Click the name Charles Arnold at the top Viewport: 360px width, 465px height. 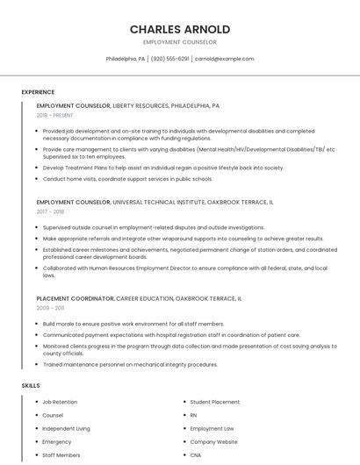180,29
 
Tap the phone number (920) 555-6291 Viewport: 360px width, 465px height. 170,59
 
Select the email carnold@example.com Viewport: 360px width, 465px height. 224,59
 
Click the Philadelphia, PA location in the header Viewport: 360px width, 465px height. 126,59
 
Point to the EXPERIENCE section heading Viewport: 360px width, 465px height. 38,92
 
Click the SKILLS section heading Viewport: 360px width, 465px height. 31,385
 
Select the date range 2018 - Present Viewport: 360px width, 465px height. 55,115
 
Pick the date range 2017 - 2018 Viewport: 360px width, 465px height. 50,211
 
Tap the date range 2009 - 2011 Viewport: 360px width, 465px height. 50,308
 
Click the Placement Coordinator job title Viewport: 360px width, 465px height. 75,298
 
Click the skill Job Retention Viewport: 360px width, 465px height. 60,402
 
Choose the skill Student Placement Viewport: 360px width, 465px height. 214,402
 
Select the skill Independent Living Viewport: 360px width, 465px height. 66,429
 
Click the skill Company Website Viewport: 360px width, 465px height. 213,442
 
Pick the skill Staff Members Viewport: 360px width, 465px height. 61,455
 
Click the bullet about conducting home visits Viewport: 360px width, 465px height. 127,179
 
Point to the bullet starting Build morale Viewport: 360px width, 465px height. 133,324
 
